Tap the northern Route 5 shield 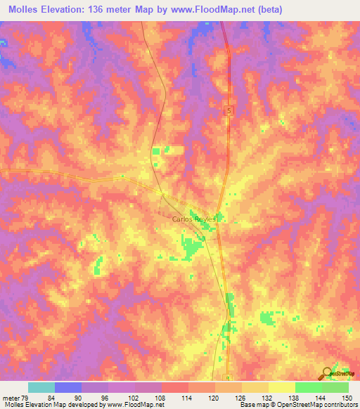(229, 111)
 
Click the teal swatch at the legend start (41, 388)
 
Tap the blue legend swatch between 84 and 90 (68, 388)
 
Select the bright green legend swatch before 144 (309, 388)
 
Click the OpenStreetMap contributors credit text (320, 404)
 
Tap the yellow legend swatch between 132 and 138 (282, 388)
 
